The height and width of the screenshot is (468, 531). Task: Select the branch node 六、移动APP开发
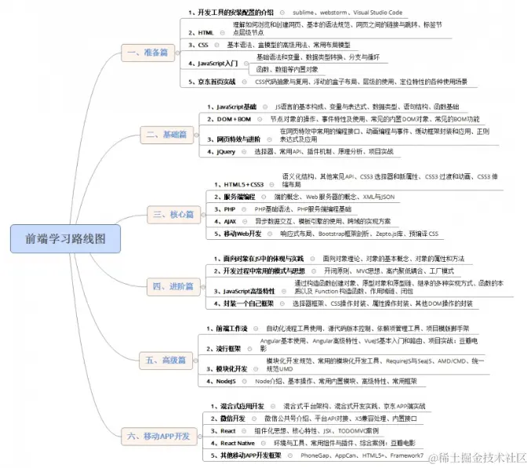[x=158, y=435]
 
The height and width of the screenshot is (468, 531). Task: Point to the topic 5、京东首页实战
[x=212, y=82]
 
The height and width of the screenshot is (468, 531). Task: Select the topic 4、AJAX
[x=229, y=222]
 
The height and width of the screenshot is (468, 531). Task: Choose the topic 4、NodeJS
[x=222, y=381]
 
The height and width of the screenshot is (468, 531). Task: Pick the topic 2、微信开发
[x=228, y=419]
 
